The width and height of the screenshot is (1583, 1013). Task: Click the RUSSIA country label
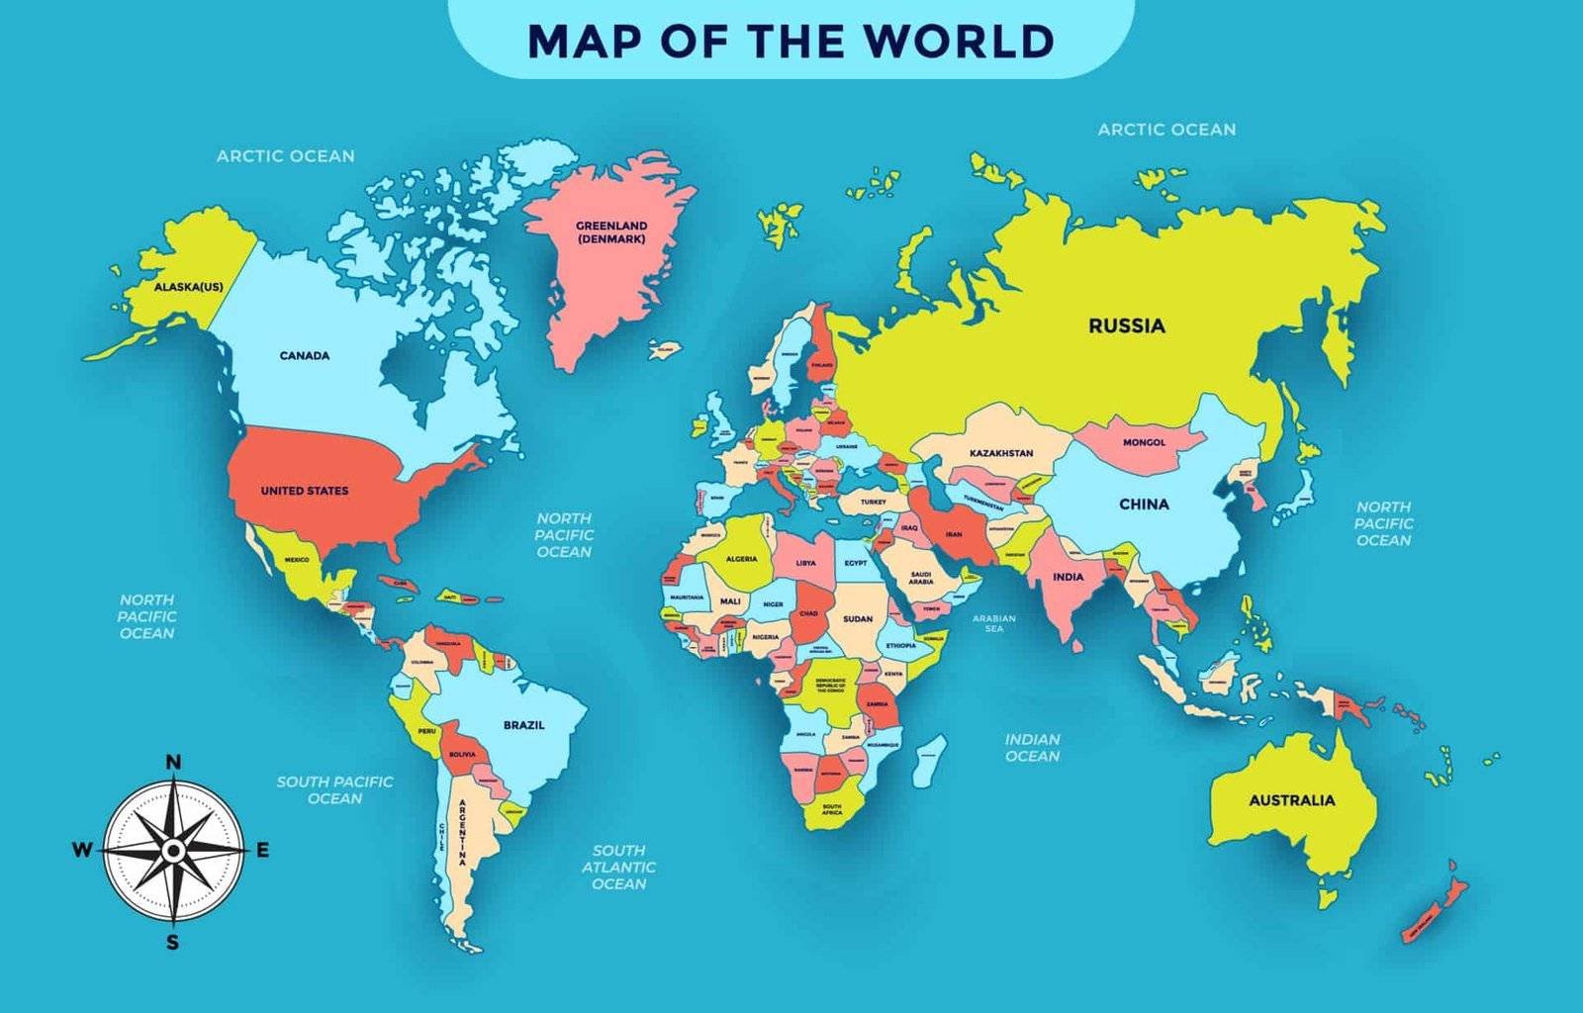coord(1127,325)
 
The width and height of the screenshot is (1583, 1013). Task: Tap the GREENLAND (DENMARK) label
coord(611,232)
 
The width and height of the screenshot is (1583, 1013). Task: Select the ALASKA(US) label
coord(188,287)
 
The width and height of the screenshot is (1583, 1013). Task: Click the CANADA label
coord(305,355)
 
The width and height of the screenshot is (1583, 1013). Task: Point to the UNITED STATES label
coord(305,491)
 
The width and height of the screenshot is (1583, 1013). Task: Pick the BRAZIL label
coord(524,725)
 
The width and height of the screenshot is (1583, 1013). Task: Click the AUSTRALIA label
coord(1291,800)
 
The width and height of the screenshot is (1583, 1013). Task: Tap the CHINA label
coord(1144,504)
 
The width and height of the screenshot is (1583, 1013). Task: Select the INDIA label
coord(1068,577)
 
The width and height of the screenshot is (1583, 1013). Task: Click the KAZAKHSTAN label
coord(1001,453)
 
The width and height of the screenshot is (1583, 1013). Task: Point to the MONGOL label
coord(1144,442)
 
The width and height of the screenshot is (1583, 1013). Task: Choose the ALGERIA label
coord(741,559)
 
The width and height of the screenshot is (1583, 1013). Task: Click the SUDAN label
coord(858,619)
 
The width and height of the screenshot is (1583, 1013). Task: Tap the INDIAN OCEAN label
coord(1032,748)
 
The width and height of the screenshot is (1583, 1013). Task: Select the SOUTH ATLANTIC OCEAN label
coord(618,867)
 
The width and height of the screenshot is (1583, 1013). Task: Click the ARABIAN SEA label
coord(994,623)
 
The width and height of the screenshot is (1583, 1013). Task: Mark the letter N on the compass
coord(173,761)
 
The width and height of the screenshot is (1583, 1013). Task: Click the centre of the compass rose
coord(173,850)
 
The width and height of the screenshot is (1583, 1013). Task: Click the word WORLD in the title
coord(958,41)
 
